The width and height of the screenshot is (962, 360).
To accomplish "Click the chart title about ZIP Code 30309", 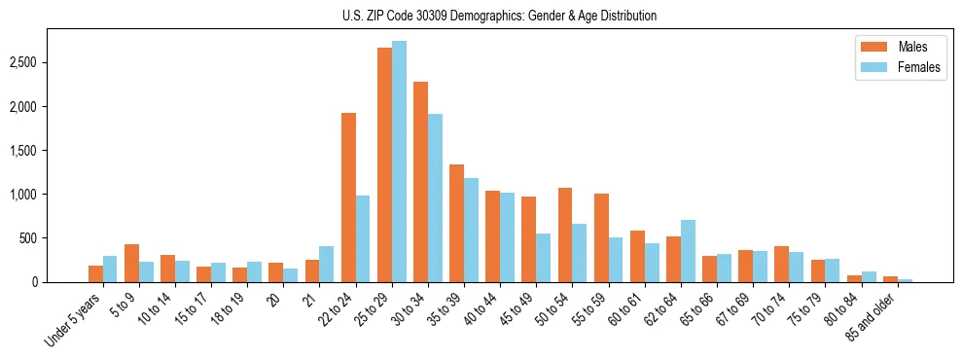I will click(499, 16).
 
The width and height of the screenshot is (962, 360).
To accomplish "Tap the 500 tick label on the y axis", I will click(30, 238).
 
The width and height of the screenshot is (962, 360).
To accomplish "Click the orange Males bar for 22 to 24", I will click(348, 198).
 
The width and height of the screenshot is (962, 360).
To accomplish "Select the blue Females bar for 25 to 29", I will click(399, 162).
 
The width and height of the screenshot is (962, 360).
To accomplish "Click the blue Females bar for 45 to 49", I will click(543, 258).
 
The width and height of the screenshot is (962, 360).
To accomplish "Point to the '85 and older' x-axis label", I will click(872, 317).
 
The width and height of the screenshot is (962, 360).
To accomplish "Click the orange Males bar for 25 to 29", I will click(384, 164).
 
